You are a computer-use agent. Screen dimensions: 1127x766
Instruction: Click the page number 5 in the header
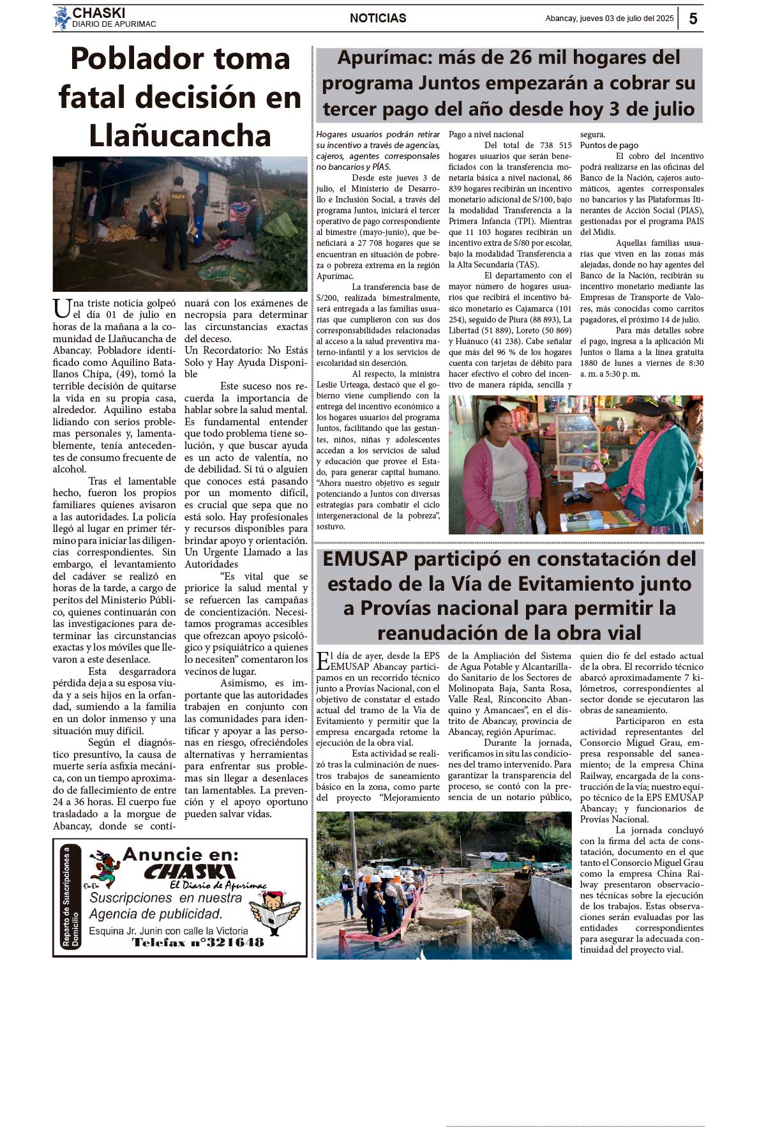point(693,19)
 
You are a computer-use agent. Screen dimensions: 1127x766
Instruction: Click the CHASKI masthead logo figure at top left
point(62,18)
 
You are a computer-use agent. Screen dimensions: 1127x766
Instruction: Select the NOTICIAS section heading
point(378,19)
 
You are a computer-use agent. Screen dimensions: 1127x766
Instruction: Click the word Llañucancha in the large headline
point(180,136)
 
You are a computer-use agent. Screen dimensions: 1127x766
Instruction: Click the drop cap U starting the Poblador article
point(61,308)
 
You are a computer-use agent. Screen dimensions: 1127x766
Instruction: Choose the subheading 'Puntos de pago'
point(609,146)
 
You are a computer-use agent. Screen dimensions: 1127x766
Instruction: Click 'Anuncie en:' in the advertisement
point(180,854)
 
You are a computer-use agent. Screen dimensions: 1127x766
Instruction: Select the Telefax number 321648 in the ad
point(231,942)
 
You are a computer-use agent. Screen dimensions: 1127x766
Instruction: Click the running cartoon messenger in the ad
point(105,868)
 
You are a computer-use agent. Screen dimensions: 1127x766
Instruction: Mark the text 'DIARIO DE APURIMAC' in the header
point(114,24)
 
